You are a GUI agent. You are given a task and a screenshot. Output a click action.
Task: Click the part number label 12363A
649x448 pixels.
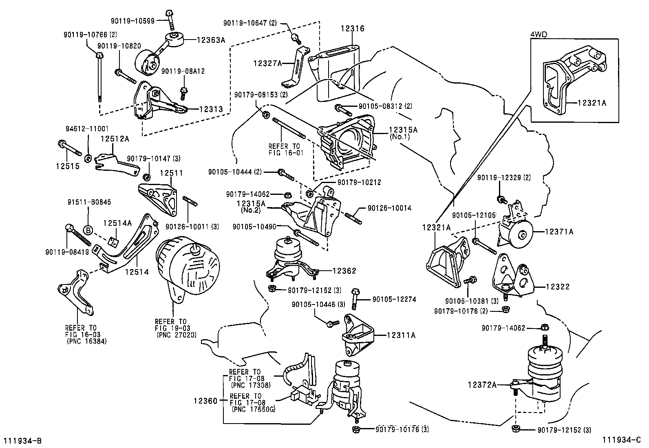tap(211, 40)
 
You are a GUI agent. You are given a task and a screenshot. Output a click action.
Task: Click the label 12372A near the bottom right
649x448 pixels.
tap(482, 384)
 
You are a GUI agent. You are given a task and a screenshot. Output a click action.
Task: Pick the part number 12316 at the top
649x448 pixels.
tap(353, 29)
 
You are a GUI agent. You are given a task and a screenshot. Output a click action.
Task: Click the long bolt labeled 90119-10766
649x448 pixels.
tap(99, 77)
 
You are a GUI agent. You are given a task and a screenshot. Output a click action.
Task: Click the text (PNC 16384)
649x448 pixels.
tap(86, 342)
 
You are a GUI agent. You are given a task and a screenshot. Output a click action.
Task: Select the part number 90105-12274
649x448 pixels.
tap(394, 299)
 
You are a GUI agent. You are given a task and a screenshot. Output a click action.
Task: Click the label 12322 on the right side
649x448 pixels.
tap(557, 287)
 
